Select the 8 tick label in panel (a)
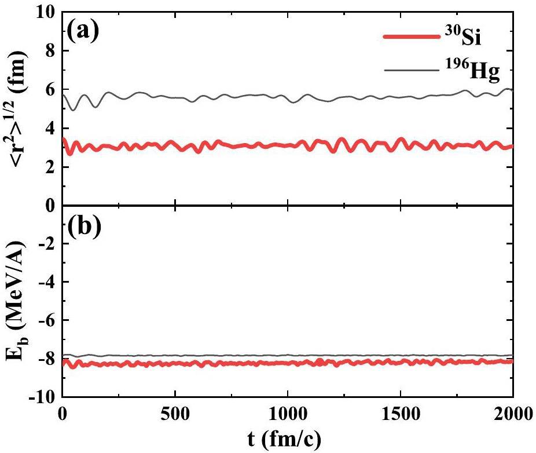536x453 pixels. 50,51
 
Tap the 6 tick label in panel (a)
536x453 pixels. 50,90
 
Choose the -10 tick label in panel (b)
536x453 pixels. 43,397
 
